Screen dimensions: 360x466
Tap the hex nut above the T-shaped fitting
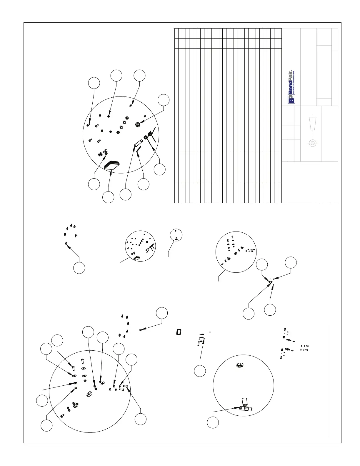click(x=239, y=365)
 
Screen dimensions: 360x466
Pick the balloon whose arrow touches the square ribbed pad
click(x=108, y=197)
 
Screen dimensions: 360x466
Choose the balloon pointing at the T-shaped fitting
click(x=213, y=422)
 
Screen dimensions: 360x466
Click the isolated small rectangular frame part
click(x=178, y=332)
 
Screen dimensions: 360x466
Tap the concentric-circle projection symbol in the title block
click(x=312, y=143)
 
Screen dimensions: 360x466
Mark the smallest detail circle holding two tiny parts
click(x=176, y=235)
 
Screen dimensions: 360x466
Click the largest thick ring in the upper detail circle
click(x=137, y=124)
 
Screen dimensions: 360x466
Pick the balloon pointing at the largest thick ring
click(x=164, y=100)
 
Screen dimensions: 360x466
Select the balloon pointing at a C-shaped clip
click(x=79, y=268)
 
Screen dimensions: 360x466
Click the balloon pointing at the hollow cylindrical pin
click(x=126, y=194)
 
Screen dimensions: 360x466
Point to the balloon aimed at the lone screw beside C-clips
click(x=162, y=313)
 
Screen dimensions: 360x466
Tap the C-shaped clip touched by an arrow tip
click(x=66, y=243)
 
